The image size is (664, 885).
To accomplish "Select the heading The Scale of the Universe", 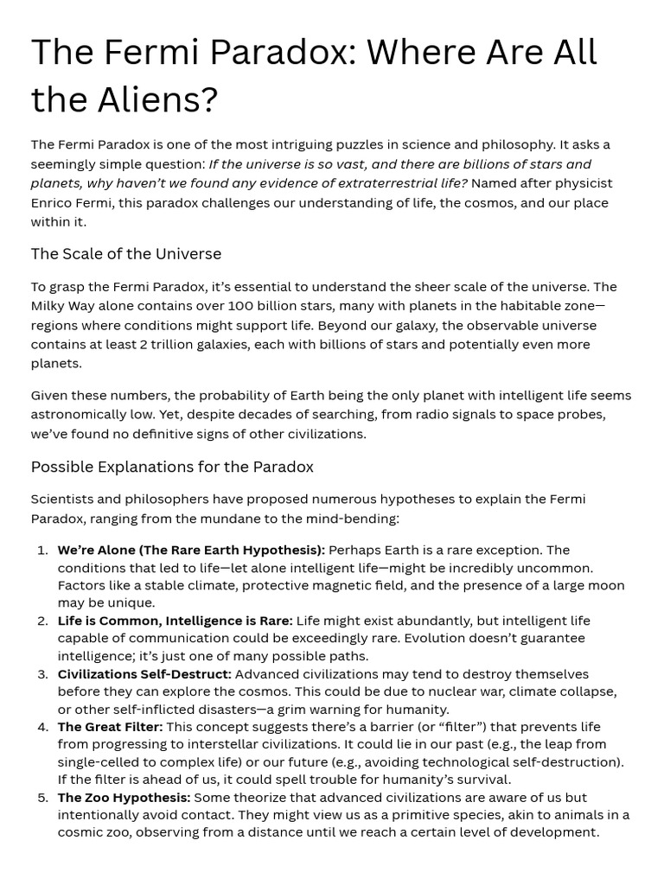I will pyautogui.click(x=126, y=253).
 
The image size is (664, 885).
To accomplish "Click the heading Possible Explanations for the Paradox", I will pyautogui.click(x=172, y=467).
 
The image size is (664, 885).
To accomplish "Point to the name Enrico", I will pyautogui.click(x=54, y=202).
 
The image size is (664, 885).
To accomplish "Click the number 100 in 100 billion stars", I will pyautogui.click(x=242, y=306).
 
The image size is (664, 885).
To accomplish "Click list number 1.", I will pyautogui.click(x=42, y=551).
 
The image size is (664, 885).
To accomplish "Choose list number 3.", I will pyautogui.click(x=42, y=674).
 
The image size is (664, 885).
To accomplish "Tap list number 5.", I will pyautogui.click(x=42, y=798).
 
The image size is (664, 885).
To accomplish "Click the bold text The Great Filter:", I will pyautogui.click(x=110, y=727).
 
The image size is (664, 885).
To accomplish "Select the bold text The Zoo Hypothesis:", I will pyautogui.click(x=124, y=798).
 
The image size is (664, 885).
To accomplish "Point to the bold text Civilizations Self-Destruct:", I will pyautogui.click(x=144, y=674).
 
